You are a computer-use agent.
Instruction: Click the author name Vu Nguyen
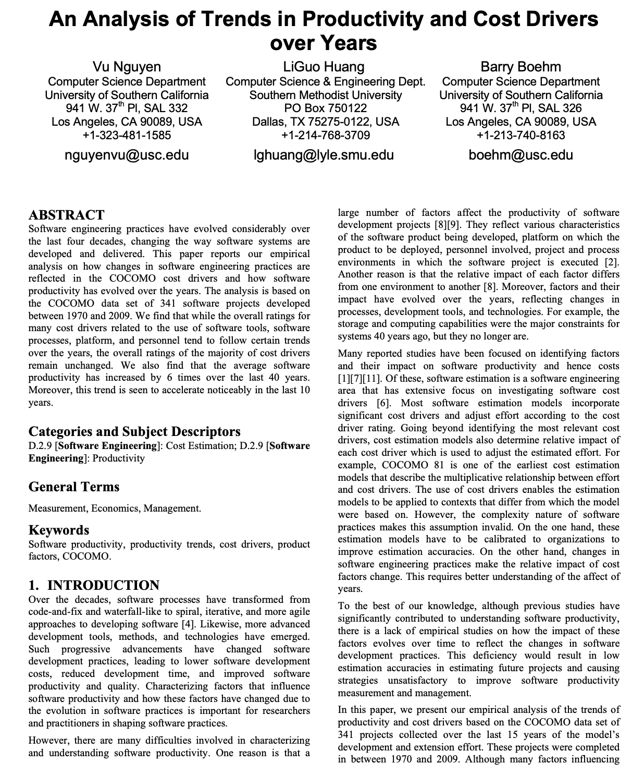pos(127,67)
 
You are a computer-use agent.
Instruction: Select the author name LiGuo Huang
pos(324,67)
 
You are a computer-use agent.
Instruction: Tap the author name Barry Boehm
pos(521,67)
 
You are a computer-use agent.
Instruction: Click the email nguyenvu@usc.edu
pos(127,155)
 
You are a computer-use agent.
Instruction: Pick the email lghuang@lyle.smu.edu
pos(324,155)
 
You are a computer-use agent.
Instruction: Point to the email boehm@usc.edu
pos(521,155)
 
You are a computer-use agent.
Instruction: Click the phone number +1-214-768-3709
pos(326,135)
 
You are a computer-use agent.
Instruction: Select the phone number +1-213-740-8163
pos(521,135)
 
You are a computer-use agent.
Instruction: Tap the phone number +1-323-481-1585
pos(127,135)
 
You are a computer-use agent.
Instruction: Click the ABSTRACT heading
pos(66,215)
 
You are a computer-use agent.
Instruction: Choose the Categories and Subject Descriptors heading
pos(134,431)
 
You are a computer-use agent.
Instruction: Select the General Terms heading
pos(73,487)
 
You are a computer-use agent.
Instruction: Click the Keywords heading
pos(58,530)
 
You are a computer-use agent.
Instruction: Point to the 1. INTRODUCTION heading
pos(94,585)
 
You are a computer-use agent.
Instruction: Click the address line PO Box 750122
pos(326,108)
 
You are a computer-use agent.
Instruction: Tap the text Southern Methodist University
pos(326,95)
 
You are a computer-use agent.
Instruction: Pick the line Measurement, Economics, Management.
pos(115,508)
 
